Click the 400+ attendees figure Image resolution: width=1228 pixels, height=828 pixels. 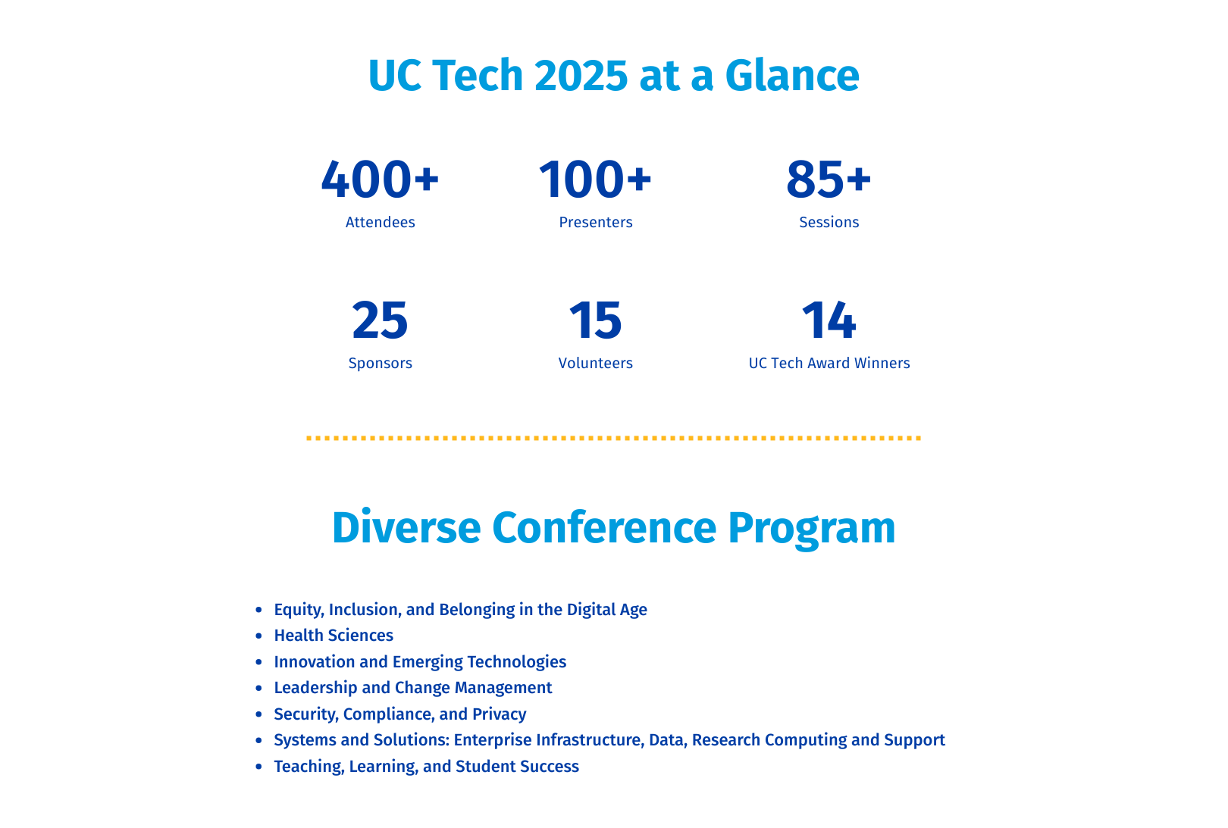380,180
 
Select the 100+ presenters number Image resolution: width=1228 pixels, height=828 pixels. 595,180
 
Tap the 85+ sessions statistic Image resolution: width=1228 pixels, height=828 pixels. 829,180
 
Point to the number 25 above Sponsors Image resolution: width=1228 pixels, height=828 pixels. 380,320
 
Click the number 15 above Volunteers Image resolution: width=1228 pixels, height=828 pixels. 595,320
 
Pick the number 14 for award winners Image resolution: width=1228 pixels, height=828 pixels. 829,320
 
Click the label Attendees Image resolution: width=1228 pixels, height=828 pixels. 380,222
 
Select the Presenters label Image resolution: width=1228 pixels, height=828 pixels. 595,222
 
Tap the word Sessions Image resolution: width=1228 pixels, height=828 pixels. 829,222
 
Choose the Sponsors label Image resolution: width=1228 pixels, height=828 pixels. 380,363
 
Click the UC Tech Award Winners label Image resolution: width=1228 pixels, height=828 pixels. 829,363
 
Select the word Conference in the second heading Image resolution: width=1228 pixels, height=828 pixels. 604,527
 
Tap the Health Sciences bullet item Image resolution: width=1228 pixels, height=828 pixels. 334,635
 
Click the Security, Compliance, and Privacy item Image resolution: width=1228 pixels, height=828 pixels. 400,714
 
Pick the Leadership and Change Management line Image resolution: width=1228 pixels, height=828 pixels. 413,688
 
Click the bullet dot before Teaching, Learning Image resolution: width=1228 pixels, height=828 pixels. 258,767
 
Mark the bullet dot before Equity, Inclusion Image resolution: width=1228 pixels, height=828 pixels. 258,609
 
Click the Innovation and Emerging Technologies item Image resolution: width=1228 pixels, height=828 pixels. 420,661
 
